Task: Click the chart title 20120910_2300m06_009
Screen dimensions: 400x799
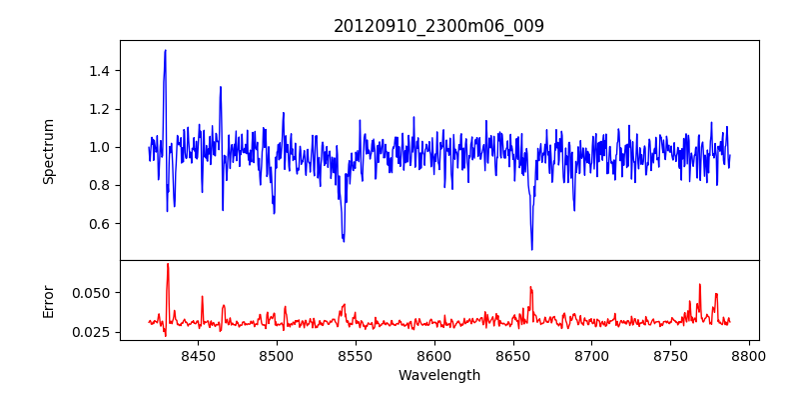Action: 438,26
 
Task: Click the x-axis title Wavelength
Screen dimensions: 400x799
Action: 438,375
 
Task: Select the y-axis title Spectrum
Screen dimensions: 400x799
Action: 48,151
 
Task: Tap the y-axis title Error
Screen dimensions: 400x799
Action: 48,300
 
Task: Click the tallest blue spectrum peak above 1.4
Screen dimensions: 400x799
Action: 165,50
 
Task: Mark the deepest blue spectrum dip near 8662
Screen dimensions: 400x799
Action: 531,249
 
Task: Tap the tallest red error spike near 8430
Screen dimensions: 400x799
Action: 168,264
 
